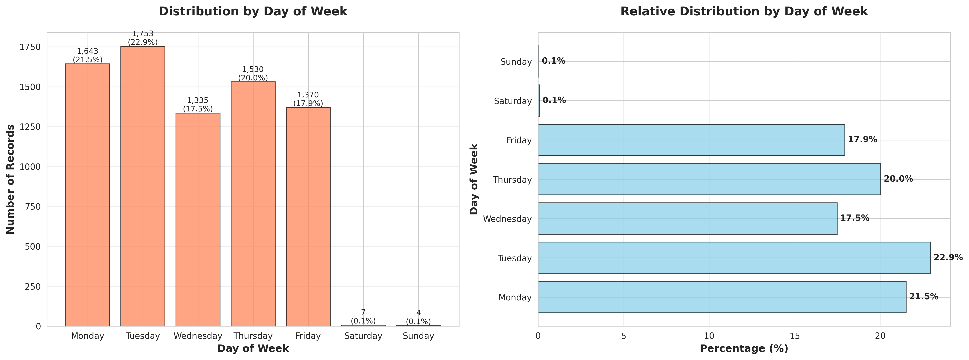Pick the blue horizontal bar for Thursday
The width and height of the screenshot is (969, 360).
pyautogui.click(x=709, y=179)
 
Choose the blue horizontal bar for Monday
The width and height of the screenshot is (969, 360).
pyautogui.click(x=722, y=297)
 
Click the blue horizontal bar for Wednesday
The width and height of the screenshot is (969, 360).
pyautogui.click(x=687, y=219)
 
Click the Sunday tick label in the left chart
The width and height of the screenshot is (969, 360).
pyautogui.click(x=418, y=336)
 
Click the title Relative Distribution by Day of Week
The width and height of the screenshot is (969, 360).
pyautogui.click(x=744, y=11)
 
